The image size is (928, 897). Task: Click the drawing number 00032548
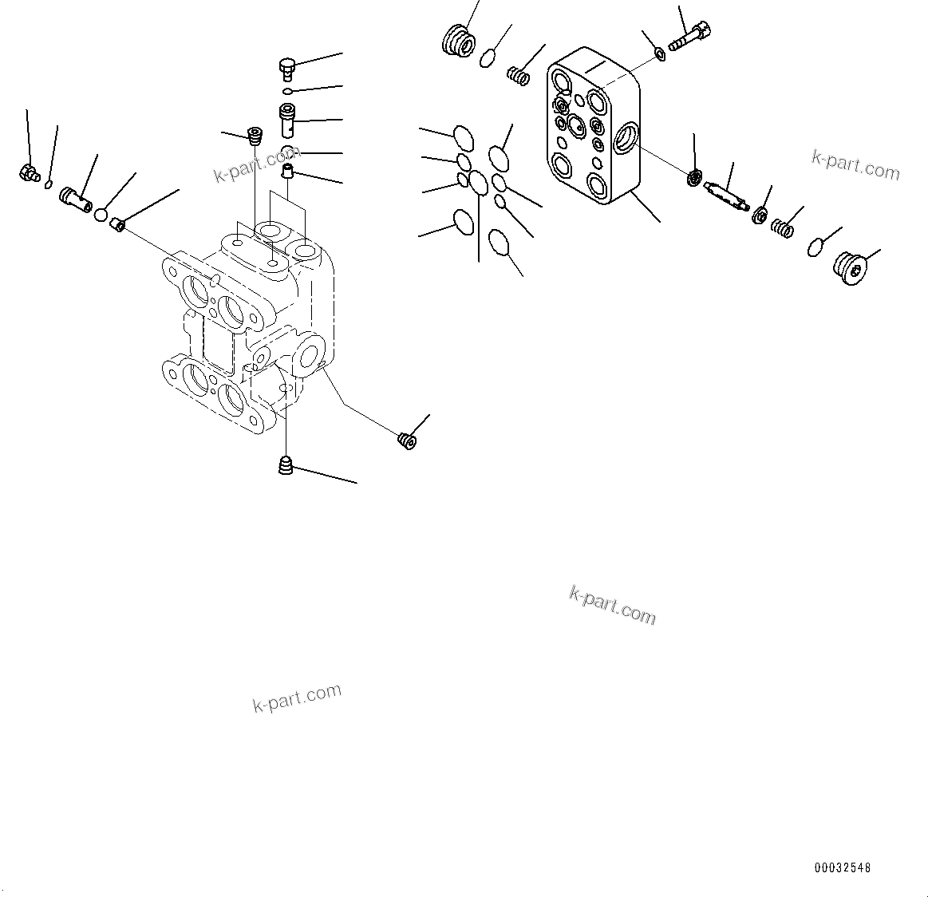coord(843,867)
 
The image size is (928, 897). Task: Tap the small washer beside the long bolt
coord(659,53)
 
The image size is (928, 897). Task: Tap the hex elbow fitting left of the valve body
coord(29,172)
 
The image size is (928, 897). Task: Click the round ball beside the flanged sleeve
coord(102,214)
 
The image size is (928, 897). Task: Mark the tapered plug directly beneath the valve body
coord(286,464)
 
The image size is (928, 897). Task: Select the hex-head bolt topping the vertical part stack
coord(286,68)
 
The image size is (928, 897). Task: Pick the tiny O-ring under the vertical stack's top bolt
coord(287,92)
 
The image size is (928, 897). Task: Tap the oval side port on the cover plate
coord(627,139)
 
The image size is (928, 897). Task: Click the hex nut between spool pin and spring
coord(760,215)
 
